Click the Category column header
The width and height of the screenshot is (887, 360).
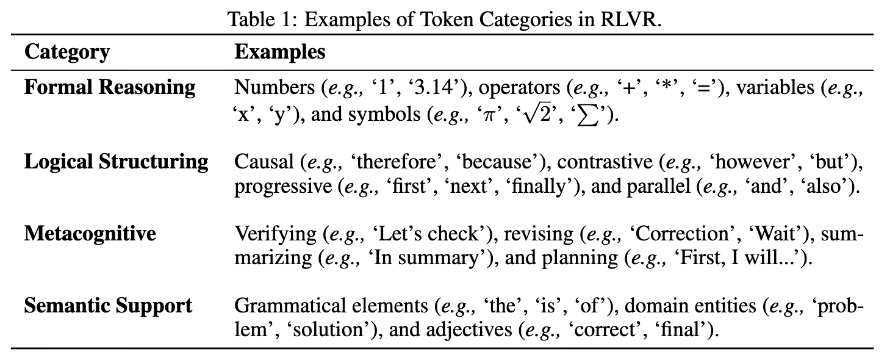(x=67, y=52)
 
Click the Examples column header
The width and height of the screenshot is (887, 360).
(x=279, y=52)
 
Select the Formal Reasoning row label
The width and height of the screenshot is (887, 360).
(x=110, y=87)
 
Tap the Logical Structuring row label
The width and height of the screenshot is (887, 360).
(x=116, y=162)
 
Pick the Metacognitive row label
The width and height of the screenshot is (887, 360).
(x=90, y=234)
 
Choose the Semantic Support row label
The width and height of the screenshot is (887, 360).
(x=108, y=306)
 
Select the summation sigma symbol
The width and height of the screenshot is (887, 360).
(x=587, y=116)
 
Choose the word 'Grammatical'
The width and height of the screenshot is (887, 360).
(x=331, y=306)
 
